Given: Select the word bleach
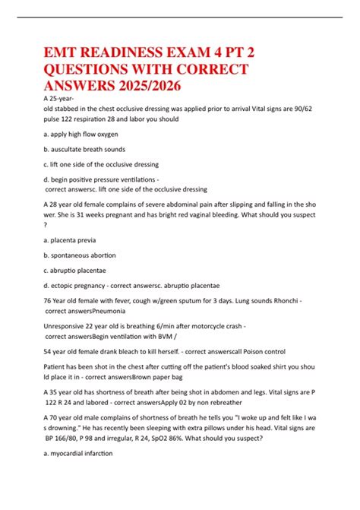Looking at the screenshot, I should tap(128, 352).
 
